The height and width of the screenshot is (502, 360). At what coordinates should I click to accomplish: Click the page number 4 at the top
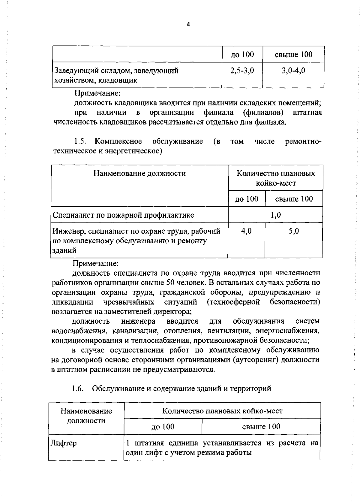[188, 25]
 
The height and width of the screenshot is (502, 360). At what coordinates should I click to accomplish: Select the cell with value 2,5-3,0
[242, 71]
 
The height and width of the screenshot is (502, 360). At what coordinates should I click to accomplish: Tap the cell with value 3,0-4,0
[293, 71]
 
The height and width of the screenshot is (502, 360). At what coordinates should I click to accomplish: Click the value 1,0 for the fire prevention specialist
[275, 215]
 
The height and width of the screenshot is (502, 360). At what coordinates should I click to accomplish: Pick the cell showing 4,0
[246, 231]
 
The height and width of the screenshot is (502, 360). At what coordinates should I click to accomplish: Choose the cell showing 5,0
[294, 231]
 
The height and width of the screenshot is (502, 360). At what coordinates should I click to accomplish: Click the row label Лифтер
[63, 443]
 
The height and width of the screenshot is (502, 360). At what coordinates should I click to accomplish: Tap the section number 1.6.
[77, 389]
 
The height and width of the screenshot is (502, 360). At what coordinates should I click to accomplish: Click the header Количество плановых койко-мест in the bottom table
[222, 411]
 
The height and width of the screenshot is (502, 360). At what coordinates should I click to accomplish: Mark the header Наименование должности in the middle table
[139, 173]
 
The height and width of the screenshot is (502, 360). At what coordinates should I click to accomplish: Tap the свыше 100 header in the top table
[293, 54]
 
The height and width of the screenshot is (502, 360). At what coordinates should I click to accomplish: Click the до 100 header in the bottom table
[163, 427]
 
